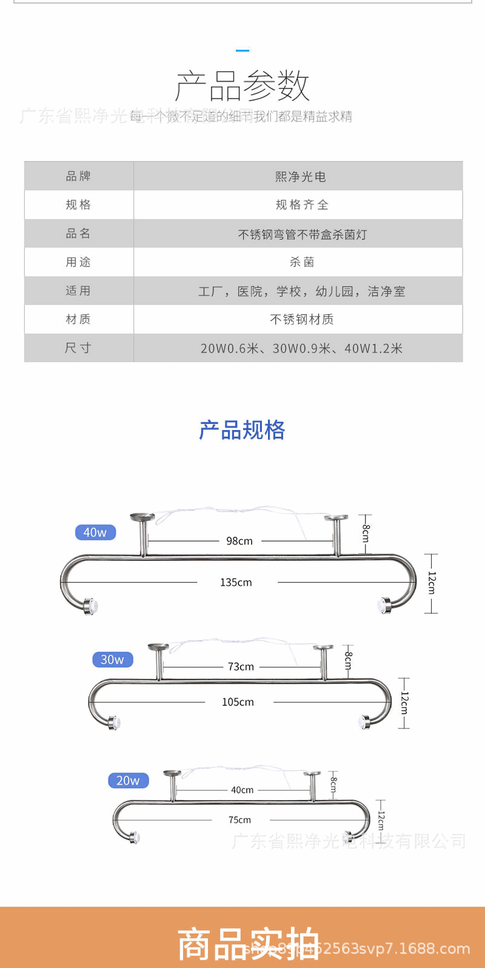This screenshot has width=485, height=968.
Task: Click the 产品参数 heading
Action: [242, 86]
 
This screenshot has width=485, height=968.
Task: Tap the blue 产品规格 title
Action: [242, 430]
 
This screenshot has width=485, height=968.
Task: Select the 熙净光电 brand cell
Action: [301, 176]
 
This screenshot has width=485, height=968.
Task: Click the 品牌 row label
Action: [79, 176]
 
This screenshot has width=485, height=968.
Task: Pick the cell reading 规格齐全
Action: [302, 205]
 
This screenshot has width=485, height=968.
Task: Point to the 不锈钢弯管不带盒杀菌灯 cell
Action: [302, 234]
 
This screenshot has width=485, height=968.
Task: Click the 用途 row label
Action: [79, 262]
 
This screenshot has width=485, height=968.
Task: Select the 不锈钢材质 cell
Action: [302, 319]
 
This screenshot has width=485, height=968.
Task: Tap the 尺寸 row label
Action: [79, 348]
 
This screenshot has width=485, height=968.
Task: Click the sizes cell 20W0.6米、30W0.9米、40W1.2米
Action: [302, 348]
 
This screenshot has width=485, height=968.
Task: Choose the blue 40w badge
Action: [95, 533]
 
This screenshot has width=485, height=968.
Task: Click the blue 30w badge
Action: [112, 659]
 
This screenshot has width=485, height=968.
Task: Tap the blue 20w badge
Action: [128, 781]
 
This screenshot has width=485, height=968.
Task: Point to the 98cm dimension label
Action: [239, 541]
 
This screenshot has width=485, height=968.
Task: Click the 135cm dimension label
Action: [236, 582]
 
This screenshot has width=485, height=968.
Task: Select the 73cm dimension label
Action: [241, 667]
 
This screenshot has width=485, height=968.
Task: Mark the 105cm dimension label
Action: [238, 702]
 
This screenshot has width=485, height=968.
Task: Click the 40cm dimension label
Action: [242, 790]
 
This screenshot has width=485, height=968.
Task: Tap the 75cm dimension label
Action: [239, 819]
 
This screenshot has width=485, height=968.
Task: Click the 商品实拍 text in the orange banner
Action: [248, 944]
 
